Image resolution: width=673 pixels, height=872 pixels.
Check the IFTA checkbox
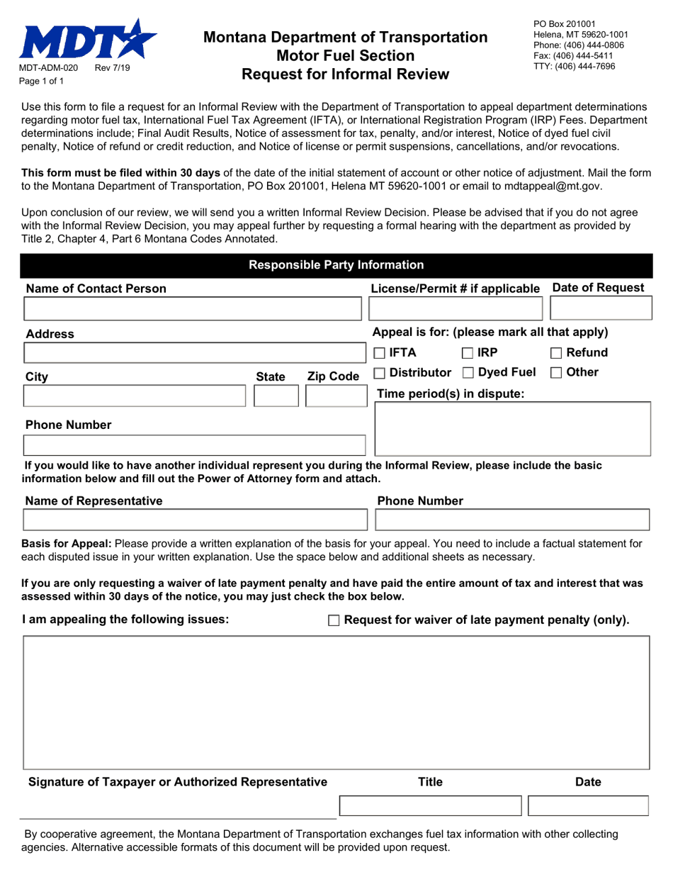(380, 353)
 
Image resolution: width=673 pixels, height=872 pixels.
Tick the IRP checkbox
(468, 353)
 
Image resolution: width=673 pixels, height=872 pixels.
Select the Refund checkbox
(558, 353)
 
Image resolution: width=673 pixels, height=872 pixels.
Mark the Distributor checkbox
(380, 373)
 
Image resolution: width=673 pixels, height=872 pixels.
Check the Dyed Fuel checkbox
(468, 373)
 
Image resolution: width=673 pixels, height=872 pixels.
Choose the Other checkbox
(558, 373)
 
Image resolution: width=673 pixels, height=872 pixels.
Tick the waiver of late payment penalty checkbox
(334, 621)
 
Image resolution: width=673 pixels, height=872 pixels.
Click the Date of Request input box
(600, 309)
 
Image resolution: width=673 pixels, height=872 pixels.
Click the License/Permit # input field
(456, 309)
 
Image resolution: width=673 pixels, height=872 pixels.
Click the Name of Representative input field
(195, 520)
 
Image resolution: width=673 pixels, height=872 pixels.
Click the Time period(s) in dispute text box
(511, 428)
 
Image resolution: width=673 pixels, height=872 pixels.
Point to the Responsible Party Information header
(336, 265)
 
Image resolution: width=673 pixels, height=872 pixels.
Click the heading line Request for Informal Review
(345, 73)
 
